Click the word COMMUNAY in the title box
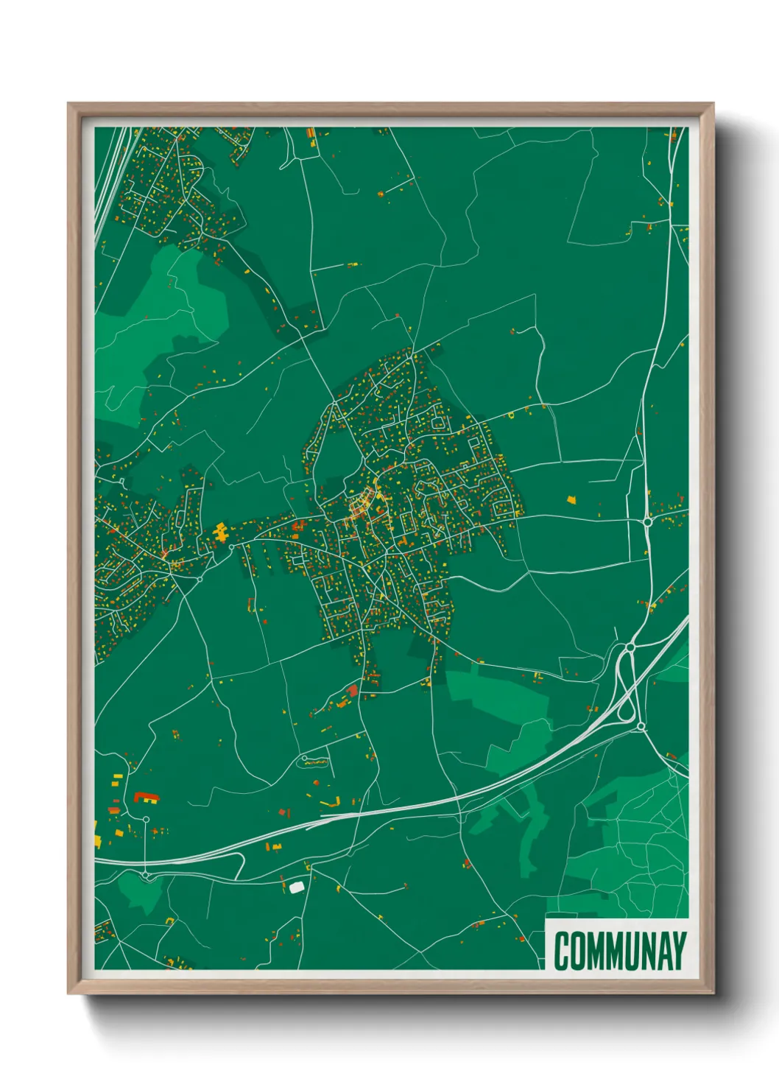[620, 951]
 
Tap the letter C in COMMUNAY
[562, 951]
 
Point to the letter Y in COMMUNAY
[678, 951]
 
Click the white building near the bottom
[296, 887]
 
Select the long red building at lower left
[146, 797]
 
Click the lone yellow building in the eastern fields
[571, 499]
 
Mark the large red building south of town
[352, 690]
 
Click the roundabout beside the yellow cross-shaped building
[231, 546]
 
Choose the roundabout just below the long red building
[146, 819]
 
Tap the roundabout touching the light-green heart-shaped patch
[146, 874]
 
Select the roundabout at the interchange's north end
[630, 647]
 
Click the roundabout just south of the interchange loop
[641, 727]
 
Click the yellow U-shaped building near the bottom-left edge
[170, 921]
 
